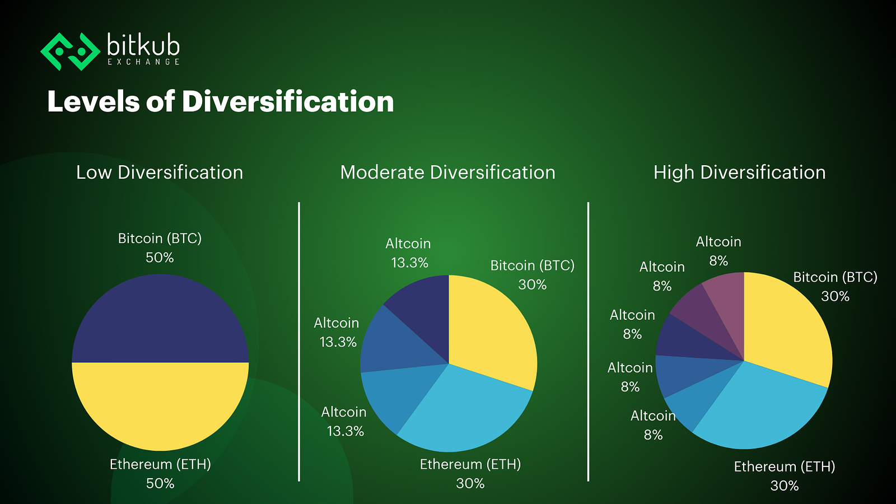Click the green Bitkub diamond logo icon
[70, 52]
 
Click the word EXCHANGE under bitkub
[143, 62]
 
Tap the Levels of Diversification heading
[221, 101]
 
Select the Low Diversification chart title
[160, 173]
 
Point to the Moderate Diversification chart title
[447, 173]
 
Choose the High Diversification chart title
[740, 173]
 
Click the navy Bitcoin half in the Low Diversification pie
[160, 320]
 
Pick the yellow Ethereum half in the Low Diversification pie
[160, 404]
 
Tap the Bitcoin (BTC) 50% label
[160, 248]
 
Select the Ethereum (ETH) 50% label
[160, 474]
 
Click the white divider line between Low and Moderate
[299, 342]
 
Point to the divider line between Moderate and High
[588, 342]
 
